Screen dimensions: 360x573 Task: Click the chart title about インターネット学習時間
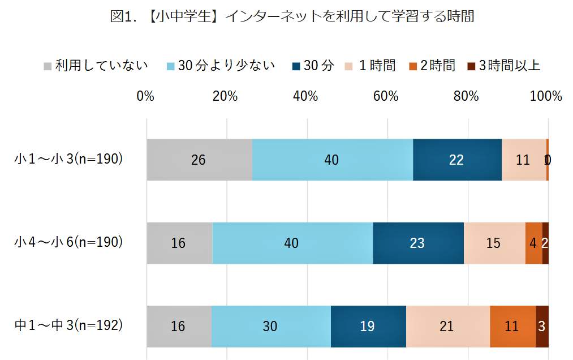click(x=292, y=17)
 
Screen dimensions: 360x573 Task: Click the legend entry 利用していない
click(x=96, y=66)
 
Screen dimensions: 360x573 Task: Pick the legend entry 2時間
click(x=433, y=66)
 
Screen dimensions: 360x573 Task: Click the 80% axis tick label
click(x=466, y=96)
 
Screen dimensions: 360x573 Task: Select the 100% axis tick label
click(x=546, y=96)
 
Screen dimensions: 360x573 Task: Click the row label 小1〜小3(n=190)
click(x=68, y=160)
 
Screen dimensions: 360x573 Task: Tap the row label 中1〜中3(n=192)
click(x=68, y=325)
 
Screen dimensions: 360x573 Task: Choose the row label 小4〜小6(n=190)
click(x=68, y=242)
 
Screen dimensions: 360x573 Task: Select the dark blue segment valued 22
click(x=457, y=160)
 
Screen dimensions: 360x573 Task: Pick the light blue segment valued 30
click(x=271, y=326)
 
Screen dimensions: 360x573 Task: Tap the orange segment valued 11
click(x=512, y=326)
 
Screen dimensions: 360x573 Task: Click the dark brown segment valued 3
click(x=542, y=326)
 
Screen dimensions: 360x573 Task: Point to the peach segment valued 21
click(x=447, y=326)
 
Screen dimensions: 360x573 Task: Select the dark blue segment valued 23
click(x=418, y=243)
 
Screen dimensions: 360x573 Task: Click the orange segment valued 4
click(x=533, y=243)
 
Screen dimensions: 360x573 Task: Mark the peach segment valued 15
click(x=494, y=243)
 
